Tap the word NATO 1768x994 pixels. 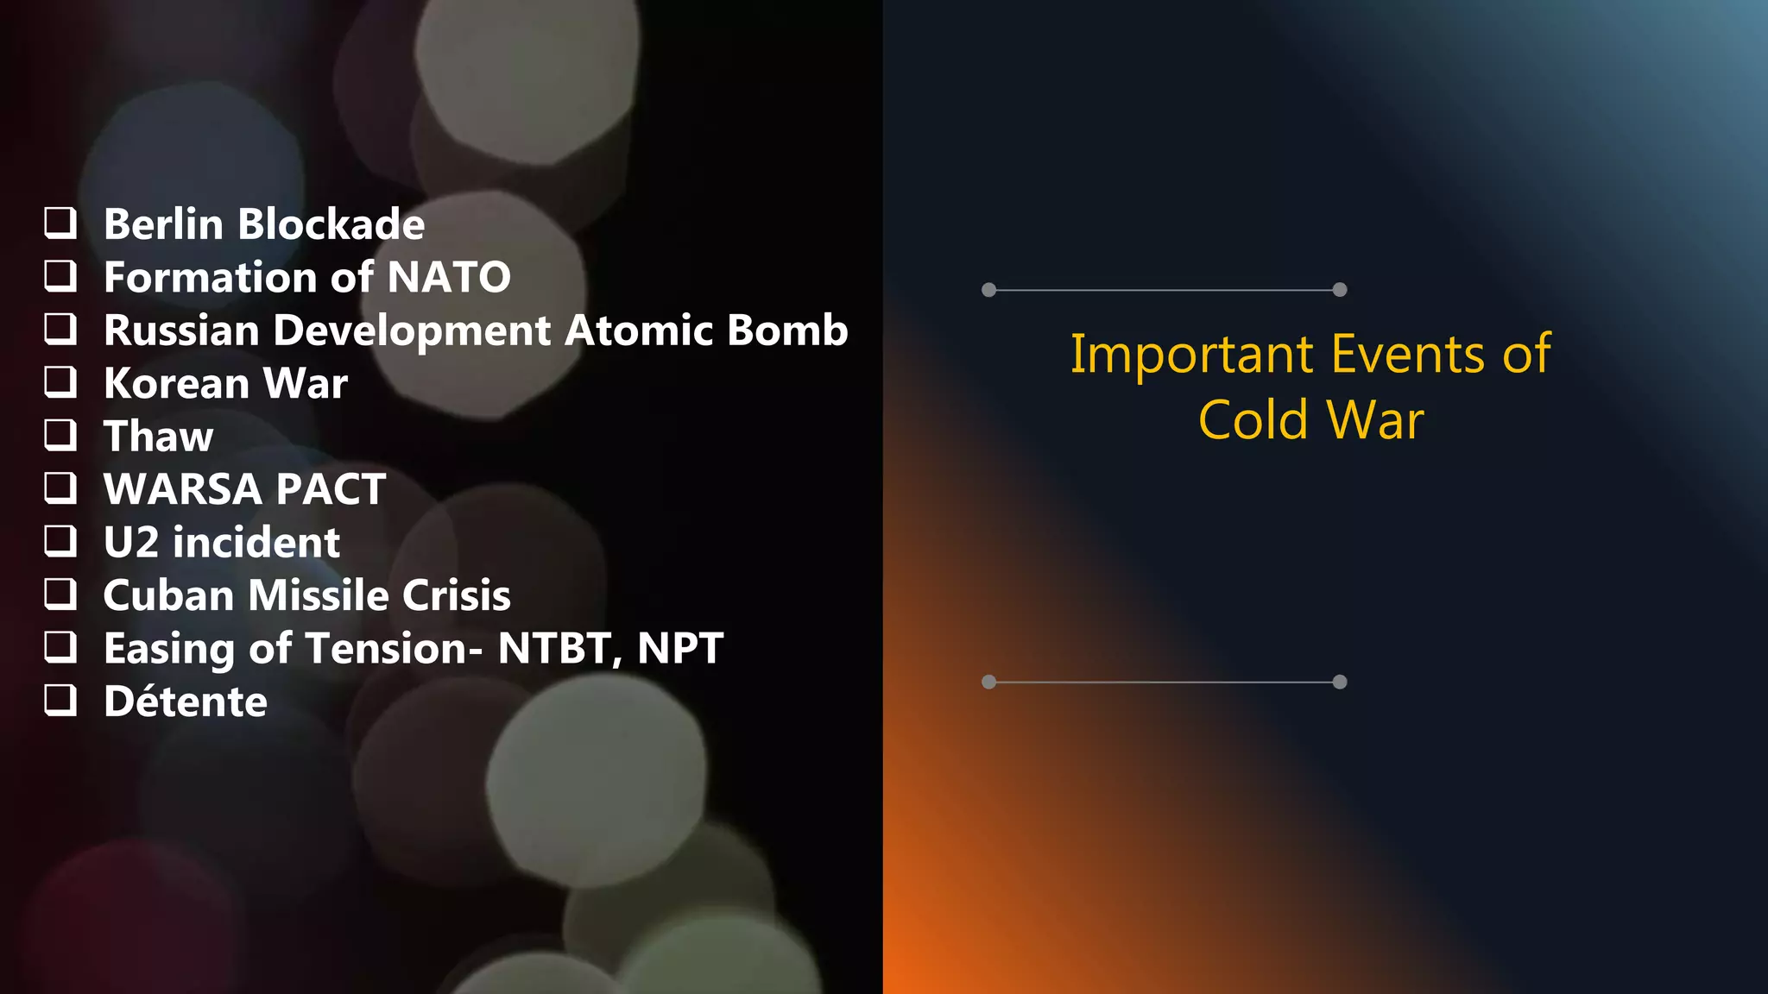point(449,277)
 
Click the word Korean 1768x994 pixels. point(177,383)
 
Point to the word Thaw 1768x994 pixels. point(159,437)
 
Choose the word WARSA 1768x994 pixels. point(183,489)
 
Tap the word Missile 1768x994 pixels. point(319,595)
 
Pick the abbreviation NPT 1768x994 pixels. point(679,649)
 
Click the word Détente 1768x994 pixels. point(186,701)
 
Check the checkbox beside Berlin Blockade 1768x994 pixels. point(60,223)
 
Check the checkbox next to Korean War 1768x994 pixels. point(60,381)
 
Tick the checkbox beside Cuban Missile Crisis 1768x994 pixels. point(60,594)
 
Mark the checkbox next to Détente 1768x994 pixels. point(60,700)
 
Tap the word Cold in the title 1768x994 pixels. point(1253,420)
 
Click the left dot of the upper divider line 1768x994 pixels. point(989,290)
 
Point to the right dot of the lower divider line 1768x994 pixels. point(1340,682)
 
